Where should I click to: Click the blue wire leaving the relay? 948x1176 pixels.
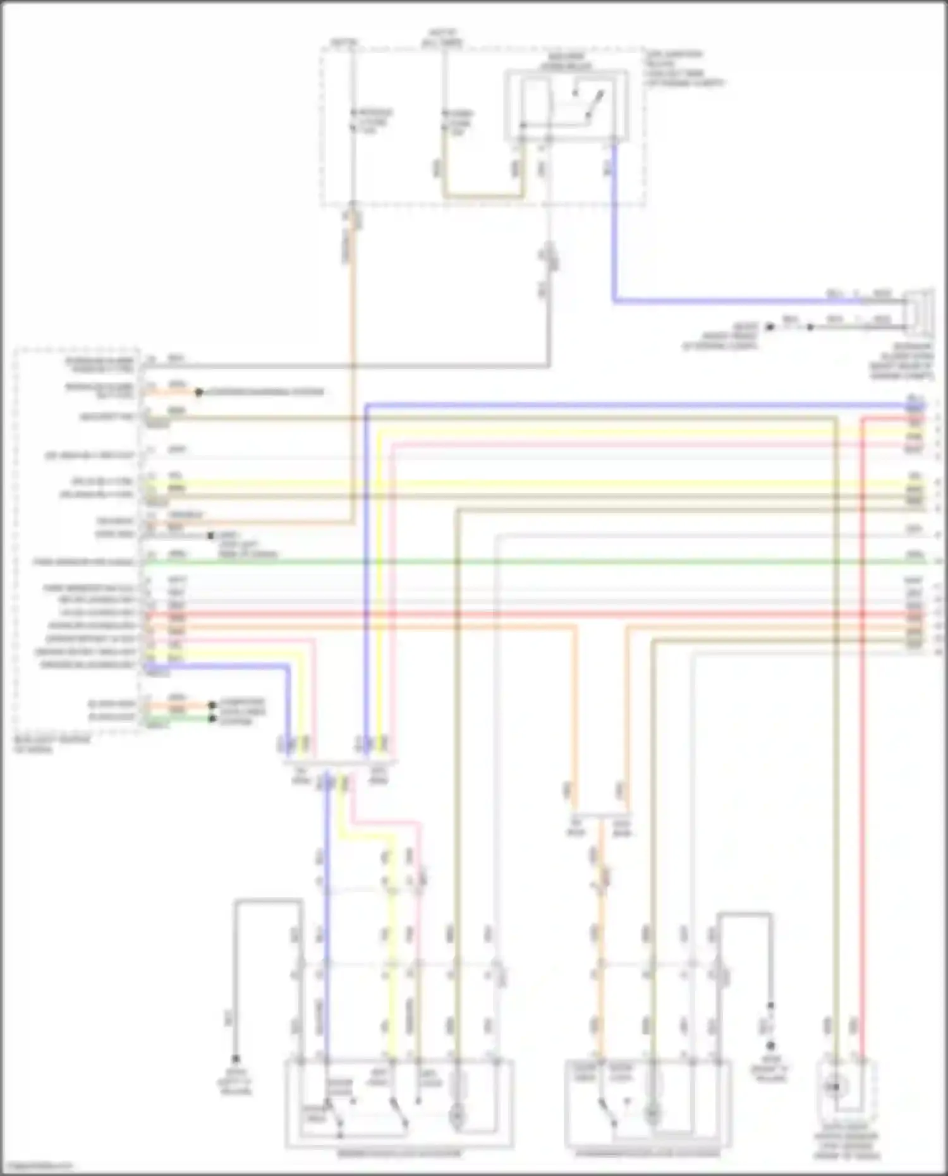613,253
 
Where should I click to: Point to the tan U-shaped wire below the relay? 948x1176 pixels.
483,195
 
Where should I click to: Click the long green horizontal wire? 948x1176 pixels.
506,561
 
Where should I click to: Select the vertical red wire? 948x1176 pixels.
862,758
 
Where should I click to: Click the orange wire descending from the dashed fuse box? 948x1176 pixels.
353,316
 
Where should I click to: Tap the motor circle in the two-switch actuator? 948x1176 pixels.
456,1117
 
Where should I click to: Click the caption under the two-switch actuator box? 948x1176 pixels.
399,1154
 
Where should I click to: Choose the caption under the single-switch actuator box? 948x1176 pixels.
648,1153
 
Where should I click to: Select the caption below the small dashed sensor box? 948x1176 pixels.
846,1146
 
